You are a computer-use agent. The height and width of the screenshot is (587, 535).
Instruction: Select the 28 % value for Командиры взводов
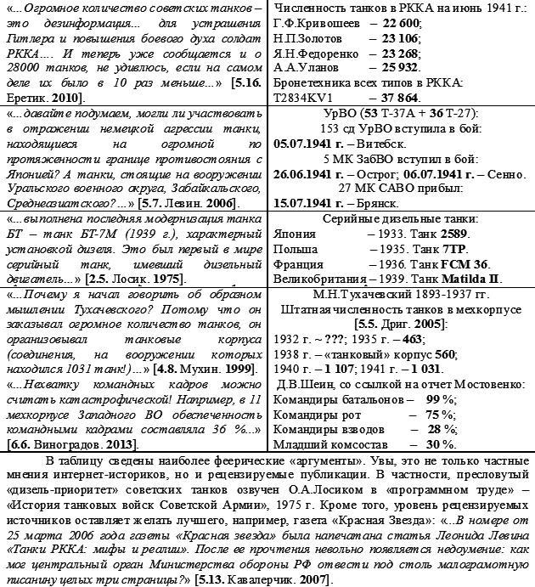click(439, 428)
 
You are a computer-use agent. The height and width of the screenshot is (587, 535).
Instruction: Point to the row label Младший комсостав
click(327, 443)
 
